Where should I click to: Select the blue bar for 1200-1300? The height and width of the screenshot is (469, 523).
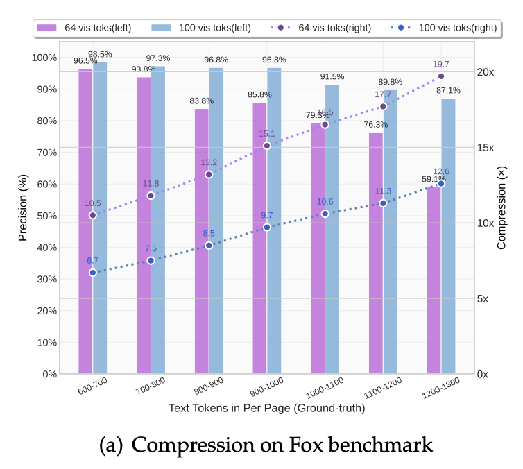pyautogui.click(x=448, y=236)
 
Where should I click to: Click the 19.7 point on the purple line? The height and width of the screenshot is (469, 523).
pyautogui.click(x=441, y=76)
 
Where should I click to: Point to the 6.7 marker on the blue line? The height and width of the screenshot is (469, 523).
pyautogui.click(x=93, y=273)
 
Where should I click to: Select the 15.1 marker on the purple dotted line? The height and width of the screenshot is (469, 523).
pyautogui.click(x=267, y=146)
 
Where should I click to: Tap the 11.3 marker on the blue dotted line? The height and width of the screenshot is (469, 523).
pyautogui.click(x=383, y=203)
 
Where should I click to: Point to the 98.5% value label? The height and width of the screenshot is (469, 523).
pyautogui.click(x=100, y=54)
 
